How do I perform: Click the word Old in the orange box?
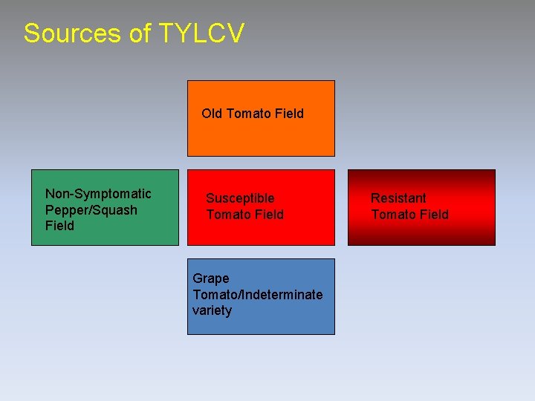coord(212,114)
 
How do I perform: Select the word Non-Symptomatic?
coord(98,194)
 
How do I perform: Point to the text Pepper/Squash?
coord(91,210)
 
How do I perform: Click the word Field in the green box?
coord(59,226)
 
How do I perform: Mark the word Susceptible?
coord(240,198)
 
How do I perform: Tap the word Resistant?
coord(398,198)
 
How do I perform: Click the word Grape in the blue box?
coord(211,279)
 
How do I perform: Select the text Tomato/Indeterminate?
coord(258,295)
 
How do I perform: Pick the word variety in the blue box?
coord(212,310)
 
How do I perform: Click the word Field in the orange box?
coord(288,114)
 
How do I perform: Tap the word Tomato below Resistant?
coord(394,215)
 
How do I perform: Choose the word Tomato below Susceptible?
coord(229,215)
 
